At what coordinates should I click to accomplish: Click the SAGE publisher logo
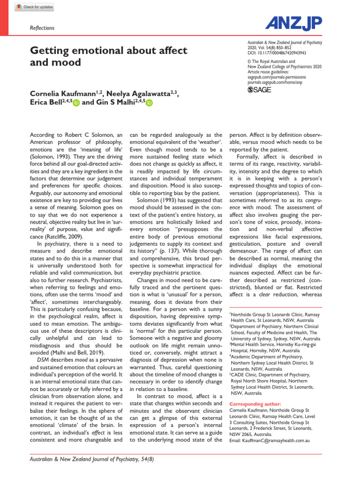click(259, 90)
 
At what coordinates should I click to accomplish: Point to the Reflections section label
click(42, 28)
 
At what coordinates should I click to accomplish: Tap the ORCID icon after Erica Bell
click(76, 104)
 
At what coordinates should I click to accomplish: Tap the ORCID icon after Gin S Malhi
click(149, 104)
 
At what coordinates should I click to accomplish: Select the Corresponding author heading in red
click(255, 404)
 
